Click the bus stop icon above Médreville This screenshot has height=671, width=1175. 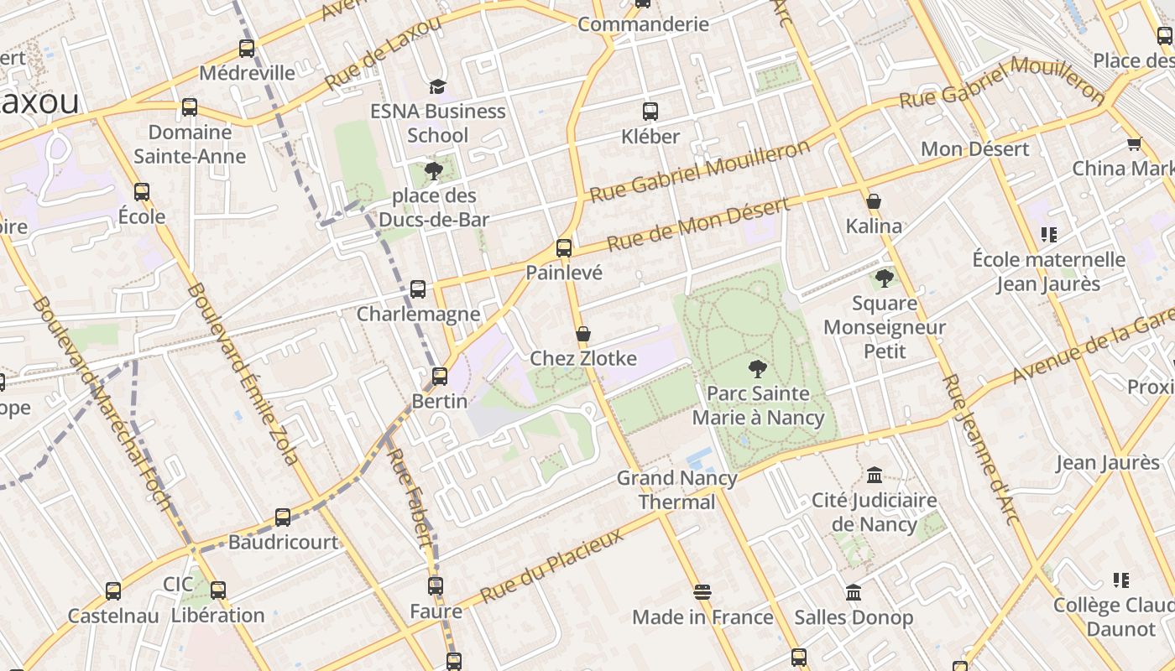point(247,49)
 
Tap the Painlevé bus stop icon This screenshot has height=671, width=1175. point(564,248)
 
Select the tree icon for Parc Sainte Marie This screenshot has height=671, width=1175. point(757,368)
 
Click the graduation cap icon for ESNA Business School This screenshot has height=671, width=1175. point(437,86)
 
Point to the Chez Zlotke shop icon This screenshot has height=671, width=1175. point(583,335)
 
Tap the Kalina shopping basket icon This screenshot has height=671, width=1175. point(874,201)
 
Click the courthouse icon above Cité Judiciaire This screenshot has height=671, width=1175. point(875,476)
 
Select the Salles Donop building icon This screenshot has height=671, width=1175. point(854,593)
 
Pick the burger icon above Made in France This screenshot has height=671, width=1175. point(702,593)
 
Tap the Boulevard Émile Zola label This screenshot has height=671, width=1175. point(244,373)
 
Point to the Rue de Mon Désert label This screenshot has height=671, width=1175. point(697,225)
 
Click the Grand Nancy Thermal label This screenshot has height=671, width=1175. point(676,490)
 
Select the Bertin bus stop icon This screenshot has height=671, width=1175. point(440,377)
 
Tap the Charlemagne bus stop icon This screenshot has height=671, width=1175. point(418,289)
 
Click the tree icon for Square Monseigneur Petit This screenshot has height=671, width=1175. point(884,278)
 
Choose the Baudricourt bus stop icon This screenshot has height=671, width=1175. point(283,518)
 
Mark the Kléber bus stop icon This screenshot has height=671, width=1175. point(650,112)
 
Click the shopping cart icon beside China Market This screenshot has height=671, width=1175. point(1135,143)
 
